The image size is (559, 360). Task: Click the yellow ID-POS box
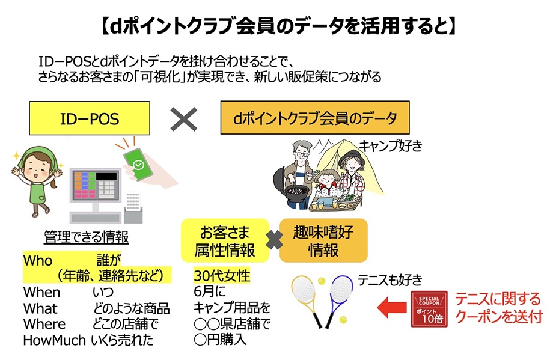click(90, 118)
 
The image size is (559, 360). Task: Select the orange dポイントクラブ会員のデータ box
click(315, 118)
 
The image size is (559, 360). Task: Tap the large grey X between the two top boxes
click(183, 119)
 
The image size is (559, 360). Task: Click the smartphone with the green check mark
click(138, 165)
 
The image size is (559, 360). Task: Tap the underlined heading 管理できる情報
click(86, 237)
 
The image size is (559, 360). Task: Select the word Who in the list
click(38, 261)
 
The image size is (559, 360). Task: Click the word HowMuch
click(54, 340)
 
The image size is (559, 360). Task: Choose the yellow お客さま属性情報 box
click(225, 240)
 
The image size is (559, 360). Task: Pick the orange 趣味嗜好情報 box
click(323, 240)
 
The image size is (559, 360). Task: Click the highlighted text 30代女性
click(222, 275)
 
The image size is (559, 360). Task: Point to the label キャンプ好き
click(390, 146)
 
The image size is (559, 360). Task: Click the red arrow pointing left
click(392, 308)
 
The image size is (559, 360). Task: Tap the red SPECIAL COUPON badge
click(429, 309)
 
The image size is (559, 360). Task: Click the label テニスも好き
click(390, 280)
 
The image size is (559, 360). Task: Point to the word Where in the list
click(44, 324)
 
